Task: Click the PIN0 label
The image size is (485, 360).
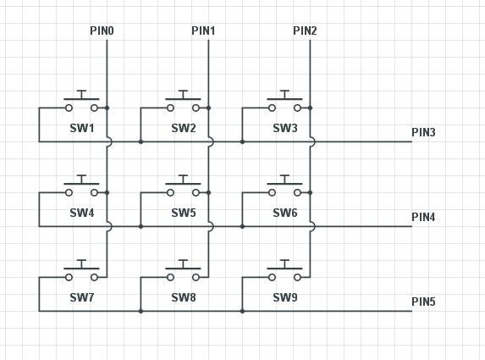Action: click(x=102, y=31)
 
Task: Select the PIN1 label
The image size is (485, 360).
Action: click(x=203, y=31)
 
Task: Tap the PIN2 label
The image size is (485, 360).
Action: click(x=305, y=31)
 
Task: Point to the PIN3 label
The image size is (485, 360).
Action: click(x=423, y=132)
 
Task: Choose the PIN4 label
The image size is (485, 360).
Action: click(x=423, y=217)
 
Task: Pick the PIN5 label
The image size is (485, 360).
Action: click(x=423, y=302)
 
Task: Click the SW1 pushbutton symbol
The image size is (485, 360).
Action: click(x=82, y=103)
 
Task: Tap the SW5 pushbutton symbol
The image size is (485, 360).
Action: click(x=184, y=188)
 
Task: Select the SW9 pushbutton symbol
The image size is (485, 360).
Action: click(x=285, y=273)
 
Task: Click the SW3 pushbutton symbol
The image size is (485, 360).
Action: click(x=285, y=103)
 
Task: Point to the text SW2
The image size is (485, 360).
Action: click(x=184, y=129)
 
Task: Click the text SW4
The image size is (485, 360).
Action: click(x=82, y=213)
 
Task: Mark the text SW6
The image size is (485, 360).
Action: click(x=285, y=213)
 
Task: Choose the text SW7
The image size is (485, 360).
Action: click(x=82, y=298)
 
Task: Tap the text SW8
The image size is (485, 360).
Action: click(x=184, y=298)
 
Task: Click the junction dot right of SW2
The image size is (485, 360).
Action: click(x=209, y=108)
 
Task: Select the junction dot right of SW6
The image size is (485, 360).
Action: click(x=311, y=192)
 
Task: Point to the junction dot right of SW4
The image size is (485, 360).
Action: click(x=107, y=192)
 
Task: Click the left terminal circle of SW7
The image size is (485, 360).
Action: click(x=69, y=277)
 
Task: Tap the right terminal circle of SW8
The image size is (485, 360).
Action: click(x=196, y=277)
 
